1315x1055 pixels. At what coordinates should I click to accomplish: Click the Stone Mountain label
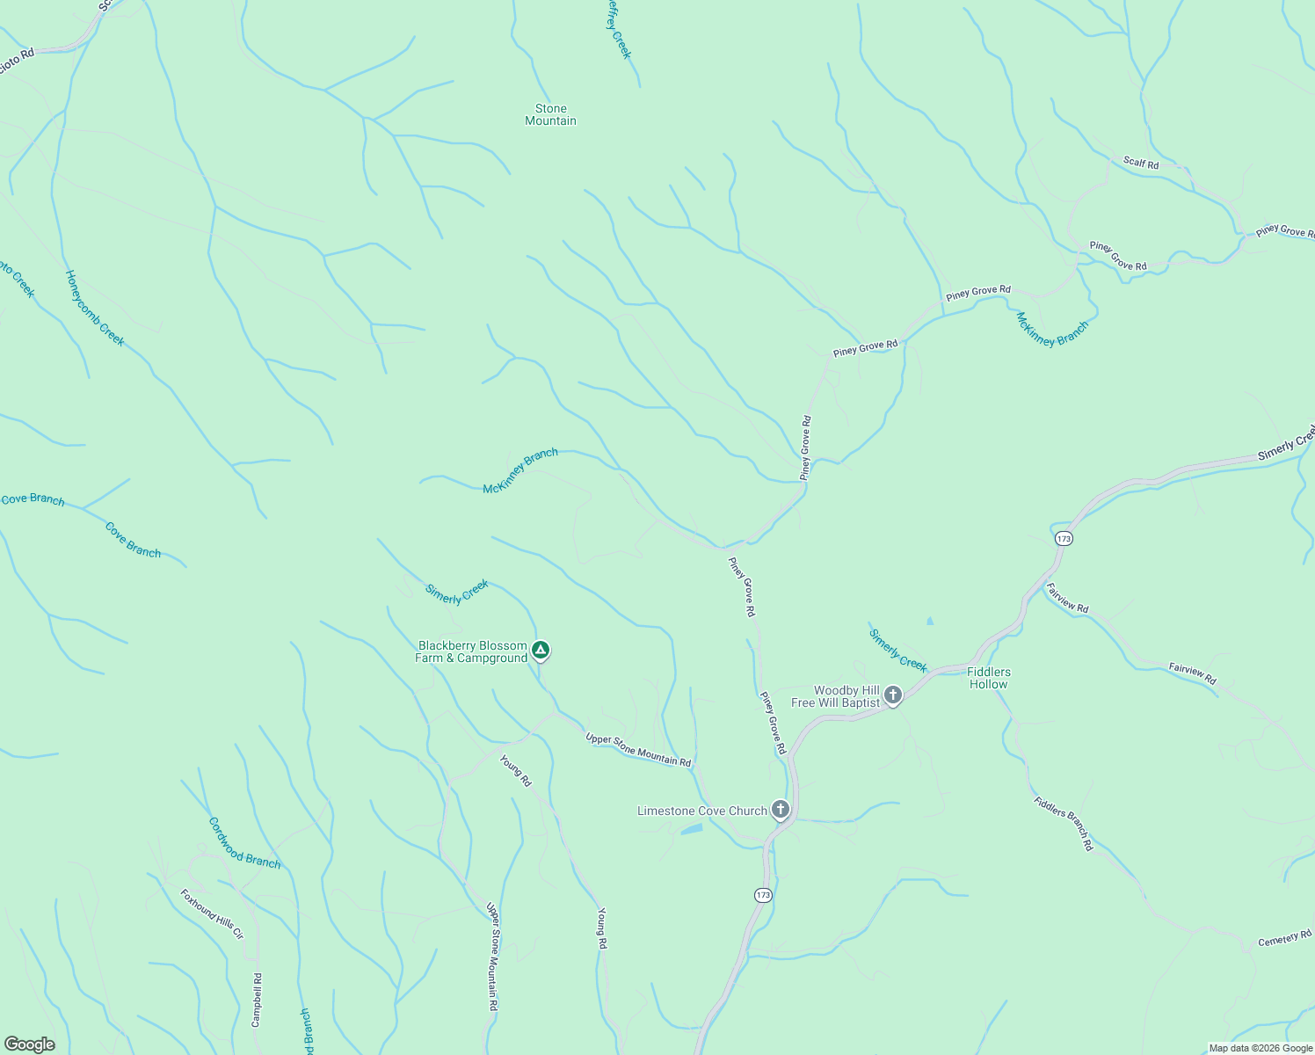click(550, 115)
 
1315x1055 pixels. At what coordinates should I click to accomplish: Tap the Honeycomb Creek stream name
click(95, 309)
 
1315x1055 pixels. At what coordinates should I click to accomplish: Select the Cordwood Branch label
click(244, 843)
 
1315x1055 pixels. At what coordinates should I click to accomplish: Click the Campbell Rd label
click(257, 1000)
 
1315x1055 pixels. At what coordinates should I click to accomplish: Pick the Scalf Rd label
click(1141, 163)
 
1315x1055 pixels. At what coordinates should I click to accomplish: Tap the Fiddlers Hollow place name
click(988, 678)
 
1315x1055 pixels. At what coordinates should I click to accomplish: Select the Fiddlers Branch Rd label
click(1064, 824)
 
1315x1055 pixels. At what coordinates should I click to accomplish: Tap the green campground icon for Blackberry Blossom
click(541, 651)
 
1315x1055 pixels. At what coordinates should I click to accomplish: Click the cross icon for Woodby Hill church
click(893, 695)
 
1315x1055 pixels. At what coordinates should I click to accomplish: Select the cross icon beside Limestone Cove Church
click(780, 810)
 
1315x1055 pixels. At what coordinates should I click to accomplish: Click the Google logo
click(29, 1044)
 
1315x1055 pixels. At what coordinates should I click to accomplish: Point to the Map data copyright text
click(1260, 1048)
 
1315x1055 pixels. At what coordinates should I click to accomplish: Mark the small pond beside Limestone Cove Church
click(692, 828)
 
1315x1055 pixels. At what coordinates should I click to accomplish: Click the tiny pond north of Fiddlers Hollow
click(930, 621)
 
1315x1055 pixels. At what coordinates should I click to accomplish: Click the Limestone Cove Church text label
click(701, 811)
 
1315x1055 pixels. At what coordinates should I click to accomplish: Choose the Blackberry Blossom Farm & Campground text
click(472, 651)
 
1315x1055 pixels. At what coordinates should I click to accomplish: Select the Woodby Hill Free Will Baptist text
click(835, 696)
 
